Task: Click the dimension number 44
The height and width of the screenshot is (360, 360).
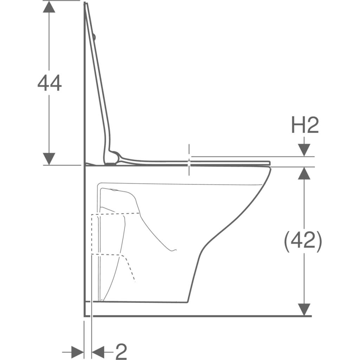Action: pos(49,83)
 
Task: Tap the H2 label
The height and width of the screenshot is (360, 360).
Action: pos(305,125)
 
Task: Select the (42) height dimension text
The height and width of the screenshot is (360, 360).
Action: pos(303,241)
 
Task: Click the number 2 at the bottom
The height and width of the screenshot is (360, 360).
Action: pos(121,352)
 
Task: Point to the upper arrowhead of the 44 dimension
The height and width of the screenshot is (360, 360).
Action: pos(49,6)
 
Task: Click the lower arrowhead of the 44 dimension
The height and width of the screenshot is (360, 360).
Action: pos(49,159)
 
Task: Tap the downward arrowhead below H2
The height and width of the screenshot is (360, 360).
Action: pos(304,150)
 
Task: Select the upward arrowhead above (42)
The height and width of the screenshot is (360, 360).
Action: pos(304,173)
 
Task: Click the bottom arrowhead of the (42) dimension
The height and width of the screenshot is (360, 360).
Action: pos(304,310)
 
